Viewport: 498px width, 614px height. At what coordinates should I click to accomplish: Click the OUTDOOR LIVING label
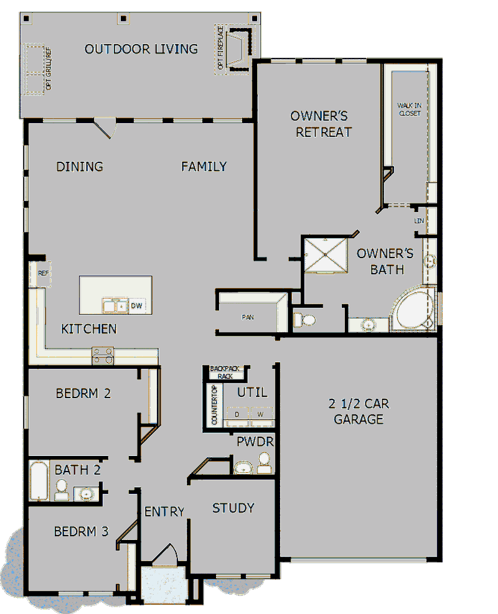click(141, 49)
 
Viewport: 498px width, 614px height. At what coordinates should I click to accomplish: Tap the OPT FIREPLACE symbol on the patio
click(235, 50)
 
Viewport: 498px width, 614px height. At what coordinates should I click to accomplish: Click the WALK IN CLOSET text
click(409, 109)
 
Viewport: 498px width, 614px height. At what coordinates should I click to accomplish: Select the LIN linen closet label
click(419, 221)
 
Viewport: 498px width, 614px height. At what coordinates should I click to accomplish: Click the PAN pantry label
click(248, 317)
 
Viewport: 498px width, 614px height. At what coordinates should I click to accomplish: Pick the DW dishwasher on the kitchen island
click(136, 306)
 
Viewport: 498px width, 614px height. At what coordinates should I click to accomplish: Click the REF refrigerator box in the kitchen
click(43, 273)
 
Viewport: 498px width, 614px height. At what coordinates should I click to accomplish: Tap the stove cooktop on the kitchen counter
click(103, 356)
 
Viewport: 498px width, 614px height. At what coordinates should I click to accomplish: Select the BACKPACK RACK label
click(225, 372)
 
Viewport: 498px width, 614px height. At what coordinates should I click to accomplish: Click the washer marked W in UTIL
click(261, 414)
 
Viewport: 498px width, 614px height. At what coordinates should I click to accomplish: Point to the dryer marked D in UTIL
click(237, 414)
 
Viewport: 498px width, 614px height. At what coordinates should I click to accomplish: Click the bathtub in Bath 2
click(39, 480)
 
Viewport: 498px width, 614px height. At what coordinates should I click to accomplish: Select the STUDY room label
click(233, 508)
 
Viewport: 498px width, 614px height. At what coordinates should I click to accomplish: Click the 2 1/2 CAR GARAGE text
click(359, 411)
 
